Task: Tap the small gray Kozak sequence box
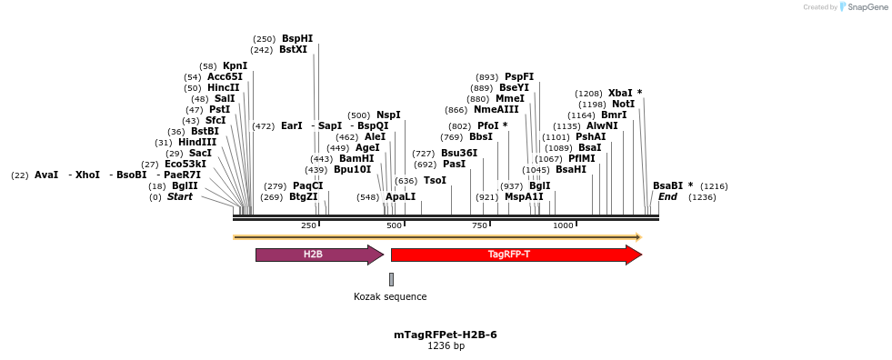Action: click(x=391, y=279)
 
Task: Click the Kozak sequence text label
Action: click(x=390, y=296)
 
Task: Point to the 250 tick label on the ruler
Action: click(x=308, y=225)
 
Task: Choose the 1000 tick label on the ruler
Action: click(x=563, y=225)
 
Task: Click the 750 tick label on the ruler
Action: click(x=479, y=225)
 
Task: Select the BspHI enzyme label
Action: click(x=297, y=39)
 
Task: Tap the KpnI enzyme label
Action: click(x=235, y=66)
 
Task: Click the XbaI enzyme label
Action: click(x=620, y=94)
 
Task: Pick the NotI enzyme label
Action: click(x=623, y=105)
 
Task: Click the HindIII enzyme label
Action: click(x=197, y=143)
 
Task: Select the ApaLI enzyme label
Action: click(x=400, y=196)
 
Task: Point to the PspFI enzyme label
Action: click(x=519, y=77)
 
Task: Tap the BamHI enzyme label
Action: click(x=356, y=158)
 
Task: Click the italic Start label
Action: click(x=179, y=196)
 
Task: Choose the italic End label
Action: click(x=667, y=196)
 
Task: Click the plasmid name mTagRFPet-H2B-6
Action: click(x=446, y=335)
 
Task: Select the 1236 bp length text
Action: click(x=446, y=346)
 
